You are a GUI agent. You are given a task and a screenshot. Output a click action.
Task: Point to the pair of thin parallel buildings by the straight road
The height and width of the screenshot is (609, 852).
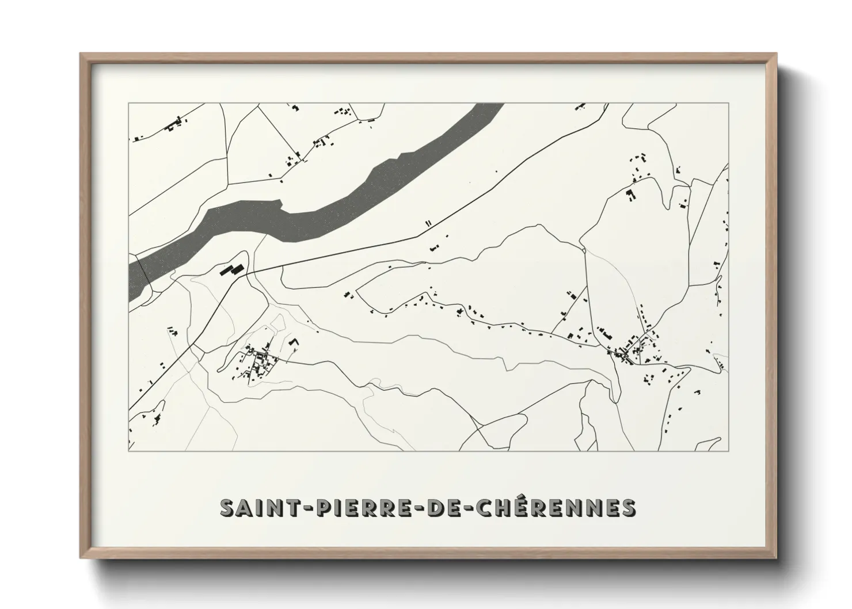428,223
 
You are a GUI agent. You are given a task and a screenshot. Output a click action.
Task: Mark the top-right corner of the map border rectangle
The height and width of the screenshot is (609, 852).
728,103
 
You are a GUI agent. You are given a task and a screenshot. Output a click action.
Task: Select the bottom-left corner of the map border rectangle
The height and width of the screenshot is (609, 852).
129,451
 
